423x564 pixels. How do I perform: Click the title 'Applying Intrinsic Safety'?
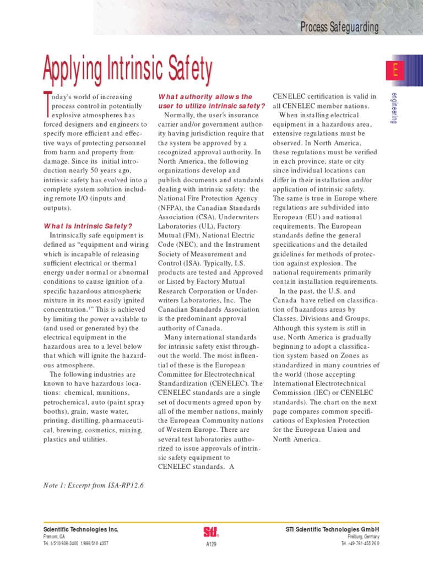click(x=128, y=69)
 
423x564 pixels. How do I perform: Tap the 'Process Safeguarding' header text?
click(x=339, y=27)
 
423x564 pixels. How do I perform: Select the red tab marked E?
click(x=395, y=70)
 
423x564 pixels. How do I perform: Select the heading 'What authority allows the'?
click(x=205, y=96)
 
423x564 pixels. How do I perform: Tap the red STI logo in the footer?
click(x=211, y=532)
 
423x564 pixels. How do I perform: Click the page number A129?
click(x=211, y=545)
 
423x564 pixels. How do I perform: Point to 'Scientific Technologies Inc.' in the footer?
click(x=81, y=529)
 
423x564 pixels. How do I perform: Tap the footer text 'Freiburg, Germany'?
click(x=364, y=536)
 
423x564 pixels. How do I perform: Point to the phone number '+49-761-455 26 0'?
click(x=365, y=544)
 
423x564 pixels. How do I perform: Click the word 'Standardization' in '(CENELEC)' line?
click(x=185, y=383)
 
